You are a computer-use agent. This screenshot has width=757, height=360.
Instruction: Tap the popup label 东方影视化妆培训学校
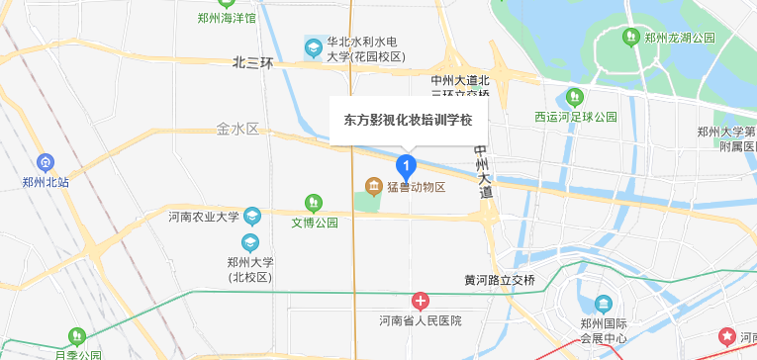[408, 120]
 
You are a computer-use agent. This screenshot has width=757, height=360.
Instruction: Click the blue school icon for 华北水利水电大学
[313, 45]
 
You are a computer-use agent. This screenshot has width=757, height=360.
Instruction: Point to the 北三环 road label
[252, 63]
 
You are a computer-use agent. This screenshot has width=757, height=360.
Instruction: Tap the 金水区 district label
[237, 129]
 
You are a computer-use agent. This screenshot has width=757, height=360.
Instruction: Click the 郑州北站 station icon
[45, 162]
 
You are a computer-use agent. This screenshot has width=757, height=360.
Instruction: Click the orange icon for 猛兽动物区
[373, 186]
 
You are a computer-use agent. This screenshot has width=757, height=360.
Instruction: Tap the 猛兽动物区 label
[417, 187]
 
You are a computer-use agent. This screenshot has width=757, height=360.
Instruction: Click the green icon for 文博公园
[313, 204]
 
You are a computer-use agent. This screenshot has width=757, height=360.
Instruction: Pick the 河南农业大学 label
[203, 217]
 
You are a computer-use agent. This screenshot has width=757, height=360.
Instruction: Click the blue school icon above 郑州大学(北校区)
[249, 241]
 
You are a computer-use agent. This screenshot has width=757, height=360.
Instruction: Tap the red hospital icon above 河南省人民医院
[421, 301]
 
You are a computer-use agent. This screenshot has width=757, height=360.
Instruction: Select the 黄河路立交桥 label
[499, 280]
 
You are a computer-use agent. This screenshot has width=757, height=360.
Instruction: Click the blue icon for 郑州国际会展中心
[603, 304]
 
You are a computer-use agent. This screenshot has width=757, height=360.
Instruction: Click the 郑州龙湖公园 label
[679, 38]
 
